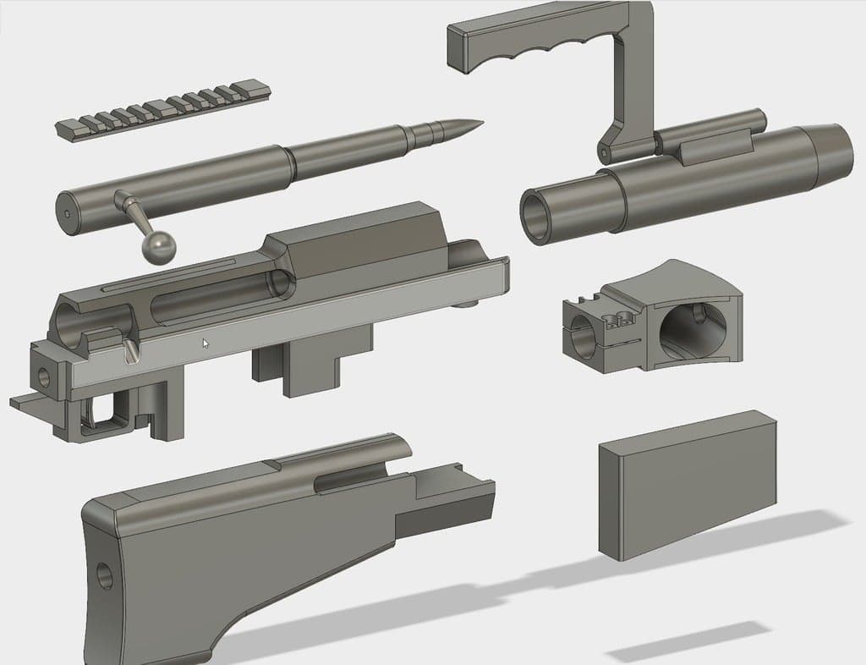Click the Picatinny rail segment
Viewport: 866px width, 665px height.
(x=161, y=108)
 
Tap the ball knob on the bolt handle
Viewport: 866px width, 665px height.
(x=159, y=246)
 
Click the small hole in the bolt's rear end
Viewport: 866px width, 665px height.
(x=67, y=213)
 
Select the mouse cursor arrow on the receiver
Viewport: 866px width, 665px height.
(x=206, y=343)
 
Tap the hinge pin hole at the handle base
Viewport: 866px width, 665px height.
(x=603, y=154)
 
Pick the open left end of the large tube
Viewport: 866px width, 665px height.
(x=538, y=217)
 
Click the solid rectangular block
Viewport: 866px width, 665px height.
(x=685, y=486)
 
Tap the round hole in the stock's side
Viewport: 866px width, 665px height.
(x=105, y=576)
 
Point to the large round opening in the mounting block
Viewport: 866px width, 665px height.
(x=692, y=332)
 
